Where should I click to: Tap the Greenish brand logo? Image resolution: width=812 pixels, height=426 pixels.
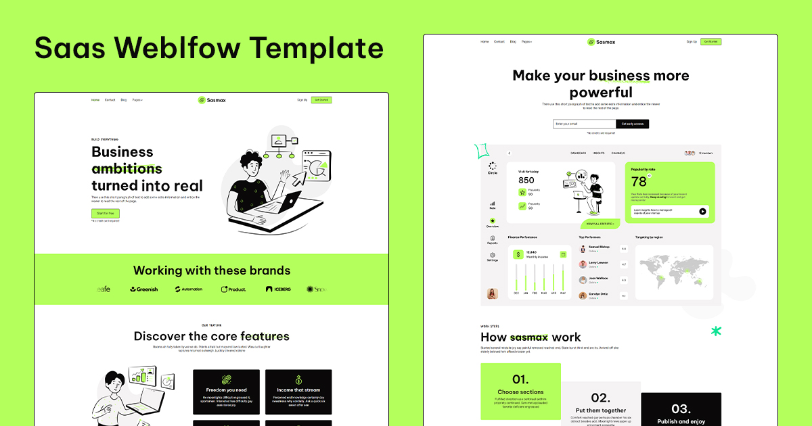pyautogui.click(x=144, y=289)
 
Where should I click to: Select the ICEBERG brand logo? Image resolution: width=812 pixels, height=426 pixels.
pyautogui.click(x=278, y=289)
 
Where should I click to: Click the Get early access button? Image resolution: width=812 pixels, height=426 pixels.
pyautogui.click(x=632, y=124)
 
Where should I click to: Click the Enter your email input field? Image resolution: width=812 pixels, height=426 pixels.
pyautogui.click(x=584, y=124)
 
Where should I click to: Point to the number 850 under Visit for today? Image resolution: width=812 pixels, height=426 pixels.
pyautogui.click(x=526, y=181)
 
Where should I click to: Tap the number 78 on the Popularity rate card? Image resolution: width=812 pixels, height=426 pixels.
pyautogui.click(x=639, y=182)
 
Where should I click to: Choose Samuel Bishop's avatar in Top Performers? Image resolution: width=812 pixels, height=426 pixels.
pyautogui.click(x=583, y=249)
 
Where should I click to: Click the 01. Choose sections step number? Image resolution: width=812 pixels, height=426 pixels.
pyautogui.click(x=520, y=379)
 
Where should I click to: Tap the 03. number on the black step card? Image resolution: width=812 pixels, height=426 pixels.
pyautogui.click(x=681, y=408)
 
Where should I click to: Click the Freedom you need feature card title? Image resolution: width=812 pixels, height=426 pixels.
pyautogui.click(x=226, y=390)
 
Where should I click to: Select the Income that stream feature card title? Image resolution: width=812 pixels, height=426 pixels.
pyautogui.click(x=298, y=390)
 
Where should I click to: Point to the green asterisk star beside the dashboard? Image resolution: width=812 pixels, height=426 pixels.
pyautogui.click(x=716, y=331)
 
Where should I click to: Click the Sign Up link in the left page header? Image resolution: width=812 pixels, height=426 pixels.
pyautogui.click(x=302, y=100)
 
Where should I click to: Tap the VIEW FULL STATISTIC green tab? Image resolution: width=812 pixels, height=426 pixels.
pyautogui.click(x=600, y=223)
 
